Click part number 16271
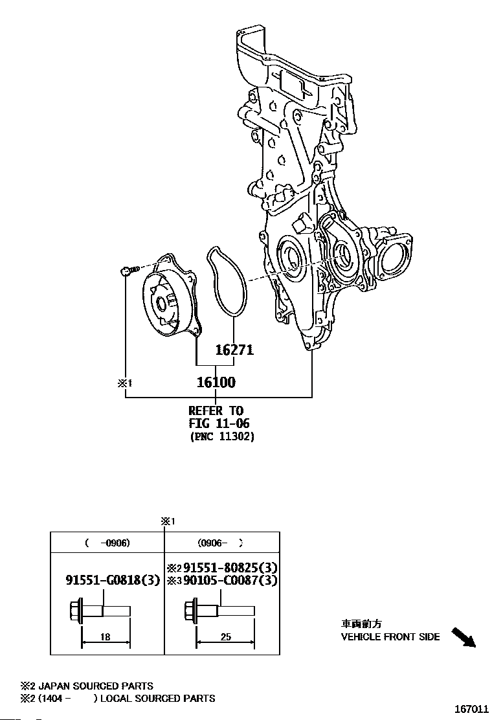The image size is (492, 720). point(234,350)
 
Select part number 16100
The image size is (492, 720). point(216,382)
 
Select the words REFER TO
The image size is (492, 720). point(216,411)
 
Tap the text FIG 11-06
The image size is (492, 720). point(219,423)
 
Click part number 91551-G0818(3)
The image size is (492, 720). point(112,580)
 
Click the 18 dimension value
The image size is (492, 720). point(106,637)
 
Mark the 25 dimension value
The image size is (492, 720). point(225,637)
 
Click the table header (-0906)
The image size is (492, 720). point(107,543)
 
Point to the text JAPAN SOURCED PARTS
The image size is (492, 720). point(96,686)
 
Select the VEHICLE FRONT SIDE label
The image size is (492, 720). point(390,636)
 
